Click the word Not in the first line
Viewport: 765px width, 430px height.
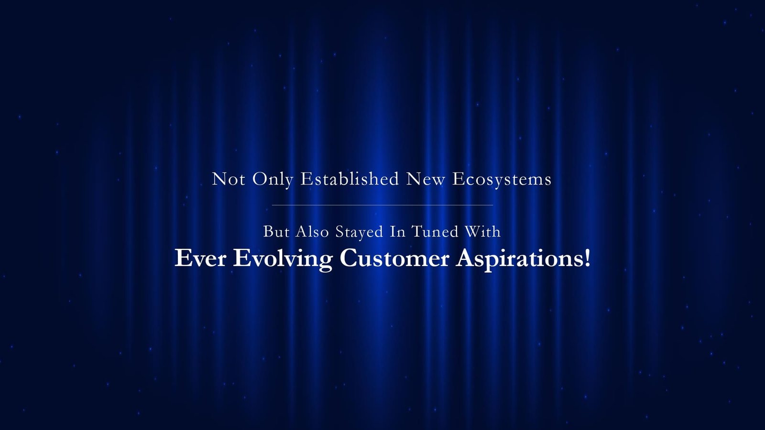[229, 179]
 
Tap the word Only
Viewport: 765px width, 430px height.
[273, 180]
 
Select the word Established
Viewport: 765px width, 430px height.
[350, 179]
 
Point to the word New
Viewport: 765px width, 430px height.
[426, 179]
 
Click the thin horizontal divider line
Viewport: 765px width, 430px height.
[382, 205]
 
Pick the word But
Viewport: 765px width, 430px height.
[276, 232]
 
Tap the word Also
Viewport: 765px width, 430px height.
[312, 232]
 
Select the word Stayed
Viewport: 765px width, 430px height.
[359, 232]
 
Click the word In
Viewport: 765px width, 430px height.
[397, 232]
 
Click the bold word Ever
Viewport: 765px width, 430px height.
[200, 258]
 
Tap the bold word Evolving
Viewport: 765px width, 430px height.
[283, 260]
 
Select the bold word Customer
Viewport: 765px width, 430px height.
[394, 258]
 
